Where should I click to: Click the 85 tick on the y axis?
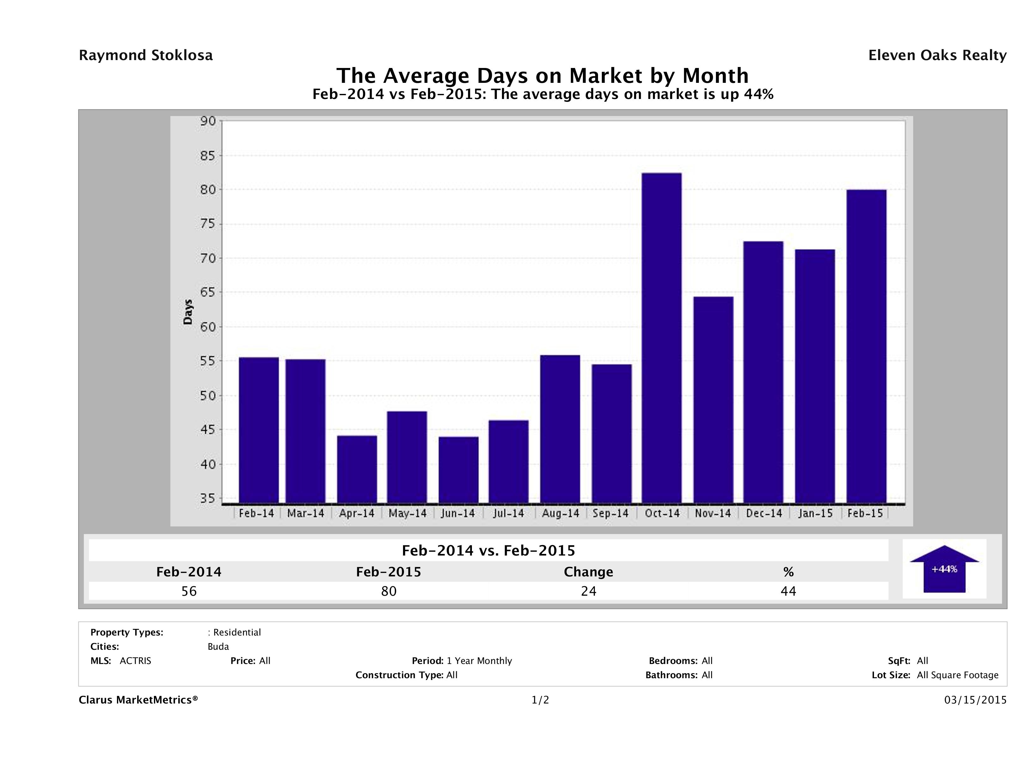point(207,156)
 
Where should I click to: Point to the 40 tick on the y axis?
point(207,464)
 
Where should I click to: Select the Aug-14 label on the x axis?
point(560,513)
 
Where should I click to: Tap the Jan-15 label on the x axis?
point(815,513)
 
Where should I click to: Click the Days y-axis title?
point(188,312)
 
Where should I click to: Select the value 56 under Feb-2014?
point(189,591)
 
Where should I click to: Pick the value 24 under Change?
point(589,591)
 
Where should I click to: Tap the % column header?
point(788,572)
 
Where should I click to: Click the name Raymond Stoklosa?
point(146,55)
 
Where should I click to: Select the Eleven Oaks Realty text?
point(937,55)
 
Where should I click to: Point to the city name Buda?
point(218,647)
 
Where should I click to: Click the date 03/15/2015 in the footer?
point(975,700)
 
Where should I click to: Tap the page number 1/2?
point(540,700)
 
